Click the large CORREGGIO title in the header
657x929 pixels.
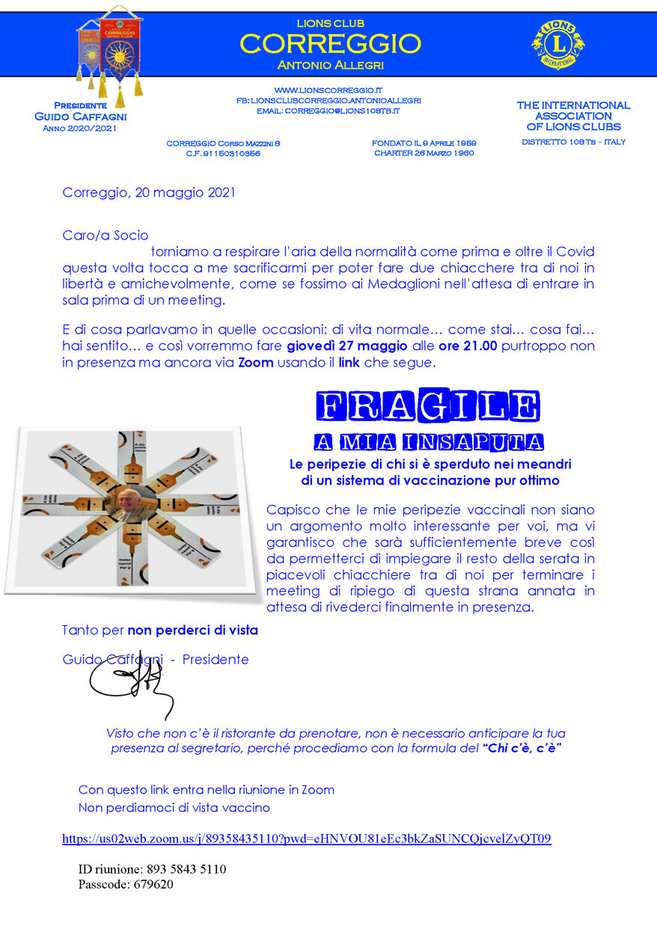click(x=330, y=43)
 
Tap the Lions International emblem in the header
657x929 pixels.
click(x=557, y=43)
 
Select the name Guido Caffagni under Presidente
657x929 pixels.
click(x=80, y=117)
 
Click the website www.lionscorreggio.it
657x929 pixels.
click(x=328, y=90)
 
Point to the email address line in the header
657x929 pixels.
click(x=328, y=111)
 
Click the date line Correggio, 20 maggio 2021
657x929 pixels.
click(x=149, y=192)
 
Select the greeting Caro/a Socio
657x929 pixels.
click(x=106, y=236)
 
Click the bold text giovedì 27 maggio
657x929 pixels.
click(x=346, y=346)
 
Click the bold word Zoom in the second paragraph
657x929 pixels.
click(x=254, y=363)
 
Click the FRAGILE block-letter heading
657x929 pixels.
click(x=427, y=406)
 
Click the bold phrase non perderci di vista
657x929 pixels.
click(x=192, y=631)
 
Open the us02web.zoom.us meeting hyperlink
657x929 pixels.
click(x=306, y=838)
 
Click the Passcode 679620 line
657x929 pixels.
click(x=126, y=884)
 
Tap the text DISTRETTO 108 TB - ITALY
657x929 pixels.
click(x=573, y=141)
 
